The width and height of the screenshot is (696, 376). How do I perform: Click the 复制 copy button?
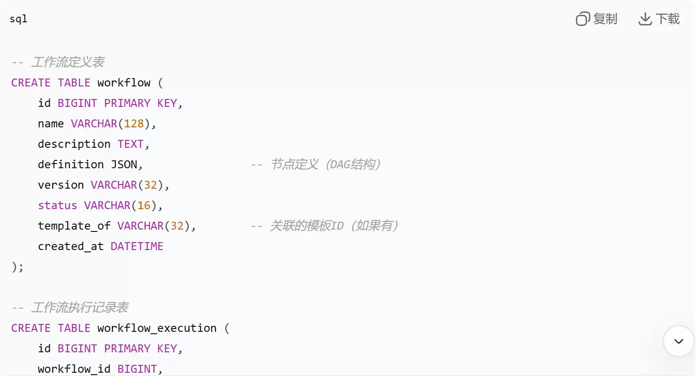596,19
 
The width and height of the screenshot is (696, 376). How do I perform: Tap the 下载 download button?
659,19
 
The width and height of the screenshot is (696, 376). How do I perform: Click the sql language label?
18,19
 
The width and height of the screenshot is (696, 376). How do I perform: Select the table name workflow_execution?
157,329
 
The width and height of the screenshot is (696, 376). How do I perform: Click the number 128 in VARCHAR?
134,124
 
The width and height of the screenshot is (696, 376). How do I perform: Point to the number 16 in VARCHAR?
144,205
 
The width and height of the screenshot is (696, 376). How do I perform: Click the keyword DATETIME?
137,246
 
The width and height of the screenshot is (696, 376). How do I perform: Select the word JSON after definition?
124,165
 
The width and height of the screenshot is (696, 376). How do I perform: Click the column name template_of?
74,226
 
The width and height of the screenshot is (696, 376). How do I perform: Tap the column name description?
74,144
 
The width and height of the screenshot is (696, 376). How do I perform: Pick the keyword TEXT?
130,144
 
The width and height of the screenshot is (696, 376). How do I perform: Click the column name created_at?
71,247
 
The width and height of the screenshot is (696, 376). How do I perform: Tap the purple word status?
58,205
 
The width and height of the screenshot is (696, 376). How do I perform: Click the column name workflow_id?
74,369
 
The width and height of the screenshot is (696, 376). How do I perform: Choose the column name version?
61,185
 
